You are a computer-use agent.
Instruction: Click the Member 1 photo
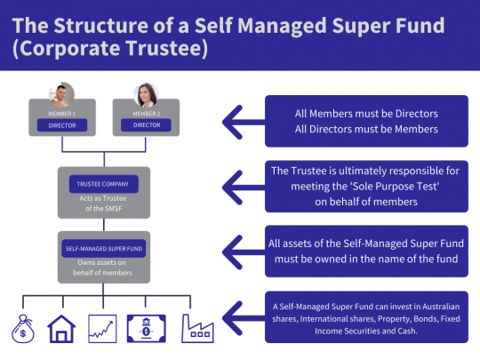[61, 93]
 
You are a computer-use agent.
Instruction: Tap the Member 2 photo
[146, 93]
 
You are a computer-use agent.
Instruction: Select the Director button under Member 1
[61, 125]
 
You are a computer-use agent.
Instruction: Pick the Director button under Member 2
[146, 125]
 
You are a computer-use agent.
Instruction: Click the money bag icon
[22, 327]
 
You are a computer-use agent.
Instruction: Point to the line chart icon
[103, 329]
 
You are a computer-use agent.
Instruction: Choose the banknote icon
[145, 327]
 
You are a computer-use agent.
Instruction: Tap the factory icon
[197, 327]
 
